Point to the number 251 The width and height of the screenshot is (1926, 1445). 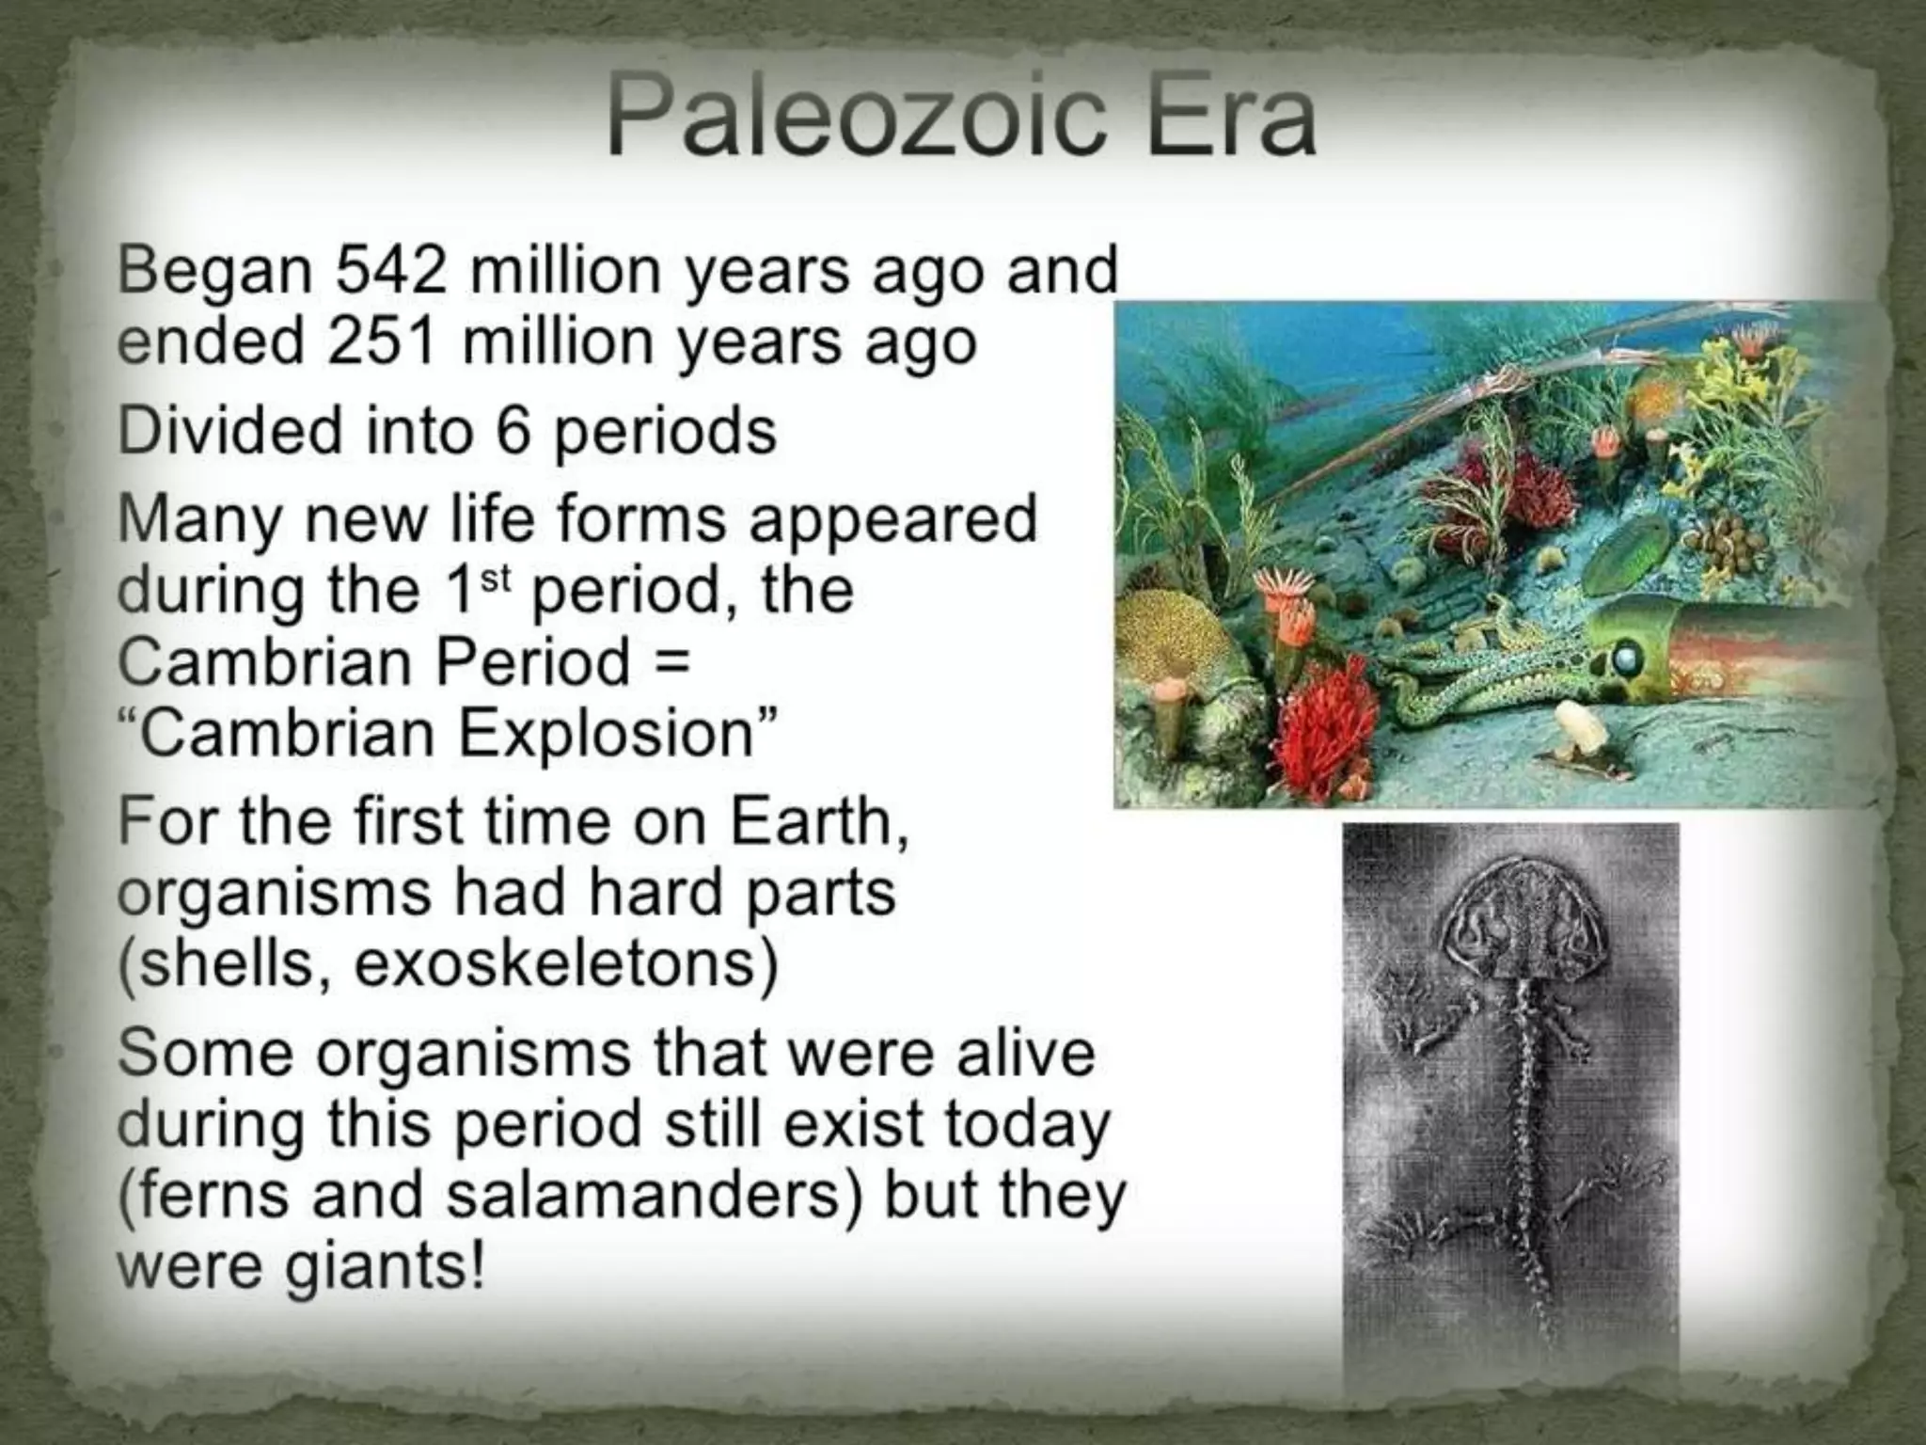point(383,341)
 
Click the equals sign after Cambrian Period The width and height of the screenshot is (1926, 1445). point(671,661)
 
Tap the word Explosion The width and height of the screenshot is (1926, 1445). point(607,734)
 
